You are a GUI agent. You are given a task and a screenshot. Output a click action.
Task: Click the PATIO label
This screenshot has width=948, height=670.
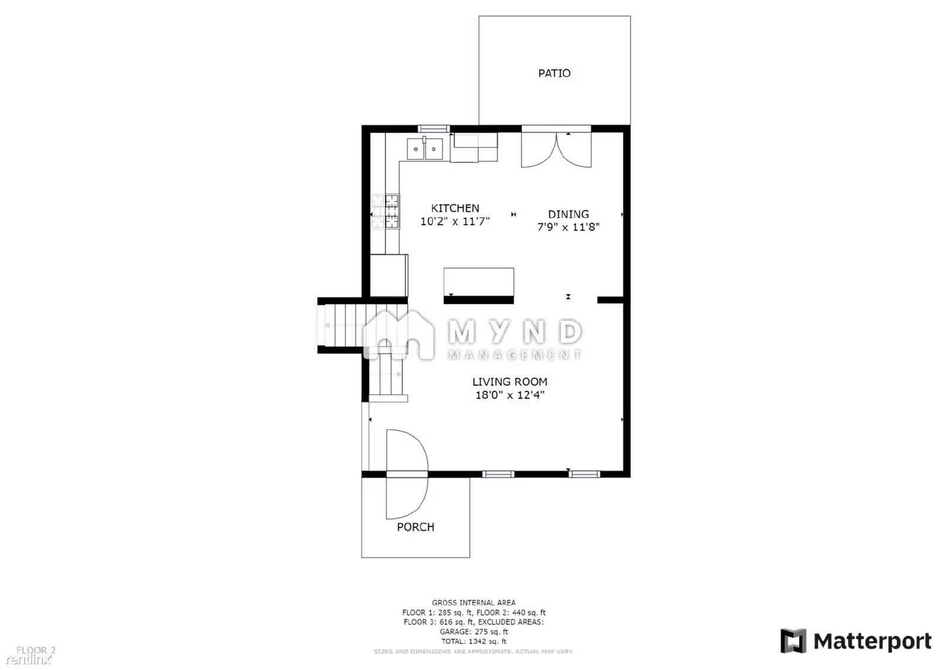(x=554, y=73)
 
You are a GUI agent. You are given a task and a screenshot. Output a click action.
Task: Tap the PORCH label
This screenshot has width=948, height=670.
(x=415, y=527)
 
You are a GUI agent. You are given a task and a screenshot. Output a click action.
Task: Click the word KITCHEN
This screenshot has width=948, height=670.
(x=455, y=209)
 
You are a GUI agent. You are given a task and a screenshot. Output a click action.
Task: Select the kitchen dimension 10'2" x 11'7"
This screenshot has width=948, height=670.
(x=455, y=222)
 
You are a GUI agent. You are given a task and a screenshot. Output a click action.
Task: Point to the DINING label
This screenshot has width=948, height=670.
(x=568, y=214)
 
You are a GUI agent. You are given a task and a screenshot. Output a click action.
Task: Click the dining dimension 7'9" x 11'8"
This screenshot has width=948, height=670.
(x=568, y=227)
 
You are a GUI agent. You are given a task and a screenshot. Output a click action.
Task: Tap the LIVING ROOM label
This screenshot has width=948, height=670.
(x=510, y=382)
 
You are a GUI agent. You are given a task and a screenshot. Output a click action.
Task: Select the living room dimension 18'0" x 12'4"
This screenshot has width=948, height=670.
(x=510, y=395)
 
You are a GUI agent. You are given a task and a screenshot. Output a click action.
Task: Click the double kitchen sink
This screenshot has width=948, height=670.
(x=425, y=149)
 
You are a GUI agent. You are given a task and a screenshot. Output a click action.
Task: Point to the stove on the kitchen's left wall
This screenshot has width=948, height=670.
(x=386, y=211)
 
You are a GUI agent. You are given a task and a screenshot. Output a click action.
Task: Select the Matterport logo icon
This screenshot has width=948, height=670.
(x=793, y=641)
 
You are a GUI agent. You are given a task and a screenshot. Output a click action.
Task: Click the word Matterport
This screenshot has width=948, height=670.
(x=872, y=642)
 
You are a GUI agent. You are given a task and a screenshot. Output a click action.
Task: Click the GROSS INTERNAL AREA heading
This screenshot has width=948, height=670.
(x=473, y=603)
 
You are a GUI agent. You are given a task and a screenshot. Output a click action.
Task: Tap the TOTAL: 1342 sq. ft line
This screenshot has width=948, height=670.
(x=473, y=642)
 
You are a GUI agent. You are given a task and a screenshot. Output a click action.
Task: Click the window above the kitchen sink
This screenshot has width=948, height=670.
(x=434, y=129)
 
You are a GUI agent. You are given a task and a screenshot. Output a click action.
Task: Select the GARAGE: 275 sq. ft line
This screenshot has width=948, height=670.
(x=473, y=632)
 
